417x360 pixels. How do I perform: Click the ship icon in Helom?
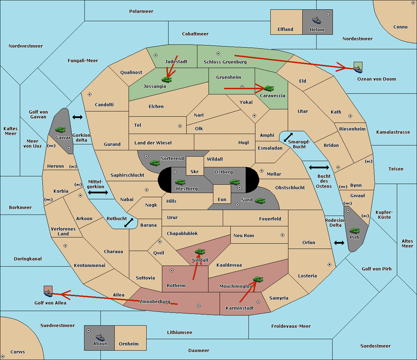(317, 20)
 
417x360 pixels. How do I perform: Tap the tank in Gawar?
(60, 129)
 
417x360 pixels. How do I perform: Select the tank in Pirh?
(354, 231)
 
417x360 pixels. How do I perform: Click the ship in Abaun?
(100, 337)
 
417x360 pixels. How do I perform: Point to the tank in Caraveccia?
(269, 88)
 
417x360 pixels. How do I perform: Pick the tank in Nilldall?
(200, 251)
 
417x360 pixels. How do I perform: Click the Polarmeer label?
(141, 11)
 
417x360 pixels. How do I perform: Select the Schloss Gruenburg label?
(225, 62)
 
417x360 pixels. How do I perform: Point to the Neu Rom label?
(244, 235)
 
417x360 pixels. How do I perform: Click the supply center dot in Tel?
(180, 126)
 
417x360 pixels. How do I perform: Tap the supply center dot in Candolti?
(90, 94)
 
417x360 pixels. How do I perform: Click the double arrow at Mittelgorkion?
(98, 192)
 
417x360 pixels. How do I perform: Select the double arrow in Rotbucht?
(129, 223)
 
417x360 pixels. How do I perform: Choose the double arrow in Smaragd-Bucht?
(288, 137)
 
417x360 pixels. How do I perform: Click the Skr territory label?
(195, 171)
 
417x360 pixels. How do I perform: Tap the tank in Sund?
(260, 201)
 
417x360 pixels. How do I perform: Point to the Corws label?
(18, 352)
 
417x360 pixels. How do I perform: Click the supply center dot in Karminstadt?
(258, 302)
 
